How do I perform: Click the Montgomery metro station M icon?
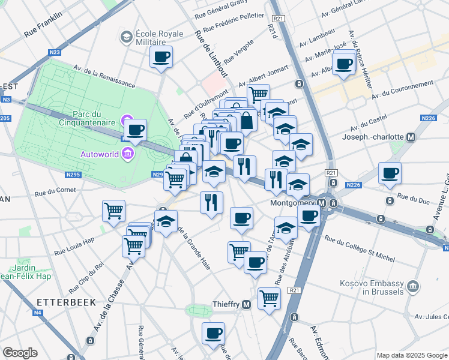coord(323,203)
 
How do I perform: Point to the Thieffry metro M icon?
coord(247,305)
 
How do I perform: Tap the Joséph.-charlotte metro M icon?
coord(411,137)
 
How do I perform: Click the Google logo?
coord(20,352)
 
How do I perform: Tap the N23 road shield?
coord(55,53)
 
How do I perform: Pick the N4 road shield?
coord(37,312)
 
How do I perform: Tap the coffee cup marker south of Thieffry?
coord(213,333)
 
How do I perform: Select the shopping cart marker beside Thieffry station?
coord(269,297)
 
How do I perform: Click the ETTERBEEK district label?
coord(66,302)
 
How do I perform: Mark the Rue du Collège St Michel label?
coord(360,248)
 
